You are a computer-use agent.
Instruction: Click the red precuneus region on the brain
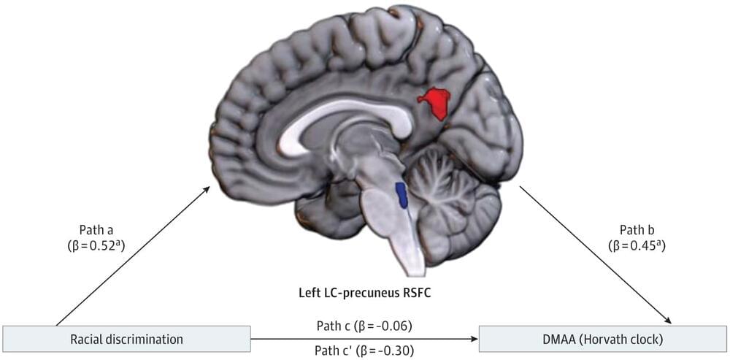[x=436, y=102]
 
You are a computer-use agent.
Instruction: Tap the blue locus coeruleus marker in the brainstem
[x=401, y=194]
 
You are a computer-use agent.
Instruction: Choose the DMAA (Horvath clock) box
[x=602, y=339]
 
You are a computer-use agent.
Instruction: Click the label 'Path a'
[x=96, y=229]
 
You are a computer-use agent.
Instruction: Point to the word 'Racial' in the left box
[x=87, y=339]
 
